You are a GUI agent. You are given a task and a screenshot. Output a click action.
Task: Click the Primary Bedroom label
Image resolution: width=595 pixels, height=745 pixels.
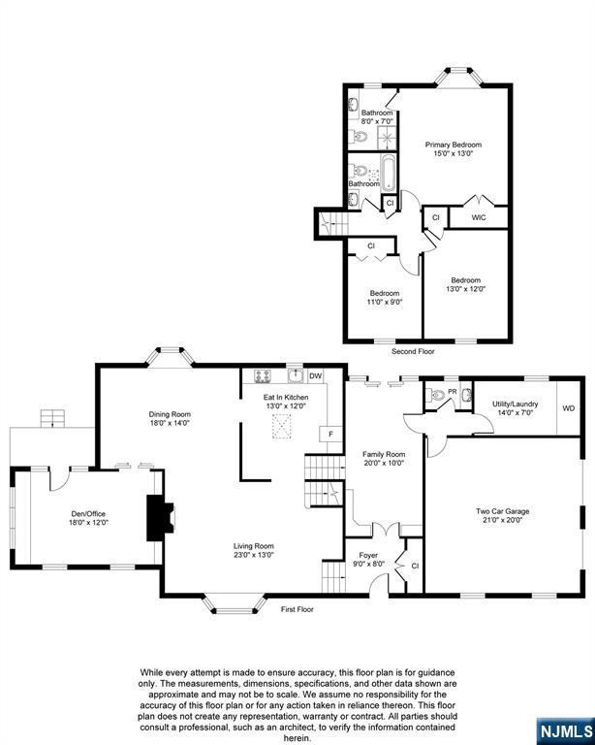[x=453, y=145]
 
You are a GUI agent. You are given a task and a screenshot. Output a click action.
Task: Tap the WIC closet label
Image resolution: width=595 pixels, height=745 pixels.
[x=478, y=218]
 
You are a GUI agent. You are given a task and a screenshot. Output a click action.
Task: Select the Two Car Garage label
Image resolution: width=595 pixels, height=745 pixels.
[x=502, y=511]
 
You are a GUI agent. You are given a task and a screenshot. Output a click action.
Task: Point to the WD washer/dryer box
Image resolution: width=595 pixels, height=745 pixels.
[x=568, y=408]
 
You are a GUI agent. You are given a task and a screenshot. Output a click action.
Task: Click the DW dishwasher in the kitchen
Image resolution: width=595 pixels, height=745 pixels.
[x=315, y=376]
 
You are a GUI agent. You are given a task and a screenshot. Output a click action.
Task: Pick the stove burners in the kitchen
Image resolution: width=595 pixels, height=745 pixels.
[x=262, y=376]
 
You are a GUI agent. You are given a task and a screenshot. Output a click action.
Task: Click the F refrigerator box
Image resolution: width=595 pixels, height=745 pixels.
[x=330, y=434]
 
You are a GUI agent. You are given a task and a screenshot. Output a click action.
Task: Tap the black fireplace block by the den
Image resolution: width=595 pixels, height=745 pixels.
[x=155, y=517]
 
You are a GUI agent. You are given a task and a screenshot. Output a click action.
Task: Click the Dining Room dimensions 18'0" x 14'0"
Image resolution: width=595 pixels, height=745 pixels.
[x=170, y=422]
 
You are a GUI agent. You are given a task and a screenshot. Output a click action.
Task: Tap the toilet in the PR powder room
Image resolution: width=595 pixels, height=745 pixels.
[x=439, y=396]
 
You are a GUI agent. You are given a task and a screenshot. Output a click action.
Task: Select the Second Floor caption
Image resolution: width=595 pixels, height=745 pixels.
[x=413, y=351]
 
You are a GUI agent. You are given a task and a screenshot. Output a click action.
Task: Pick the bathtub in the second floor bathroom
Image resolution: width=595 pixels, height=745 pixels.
[x=389, y=173]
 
